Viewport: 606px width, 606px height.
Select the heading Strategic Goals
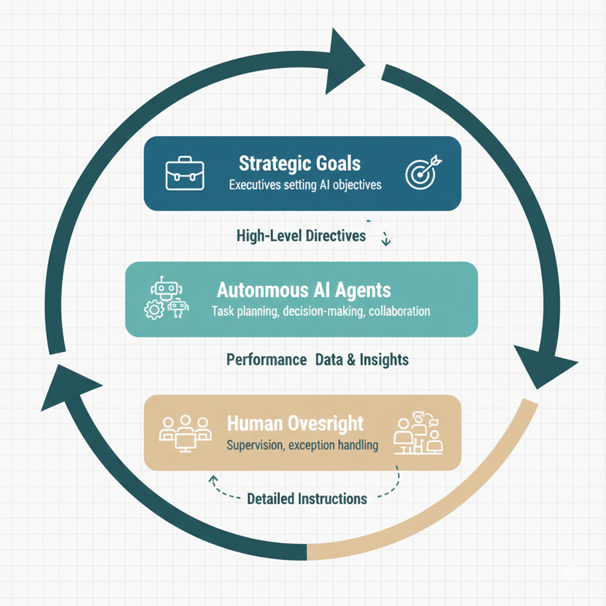[x=300, y=164]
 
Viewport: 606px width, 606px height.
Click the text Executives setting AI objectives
[x=305, y=185]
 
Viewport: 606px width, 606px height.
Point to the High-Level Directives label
[x=301, y=236]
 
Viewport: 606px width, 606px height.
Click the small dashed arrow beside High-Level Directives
[x=385, y=239]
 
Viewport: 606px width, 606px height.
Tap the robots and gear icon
[x=166, y=299]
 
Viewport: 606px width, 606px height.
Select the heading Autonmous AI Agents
[x=304, y=290]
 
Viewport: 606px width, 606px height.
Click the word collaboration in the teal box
[x=399, y=311]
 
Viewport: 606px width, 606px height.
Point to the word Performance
[x=267, y=359]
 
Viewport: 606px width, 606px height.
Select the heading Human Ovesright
[x=295, y=424]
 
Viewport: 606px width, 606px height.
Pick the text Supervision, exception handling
[x=302, y=445]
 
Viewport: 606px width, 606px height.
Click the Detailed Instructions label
[x=307, y=498]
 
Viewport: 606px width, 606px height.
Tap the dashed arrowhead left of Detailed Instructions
[x=213, y=480]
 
